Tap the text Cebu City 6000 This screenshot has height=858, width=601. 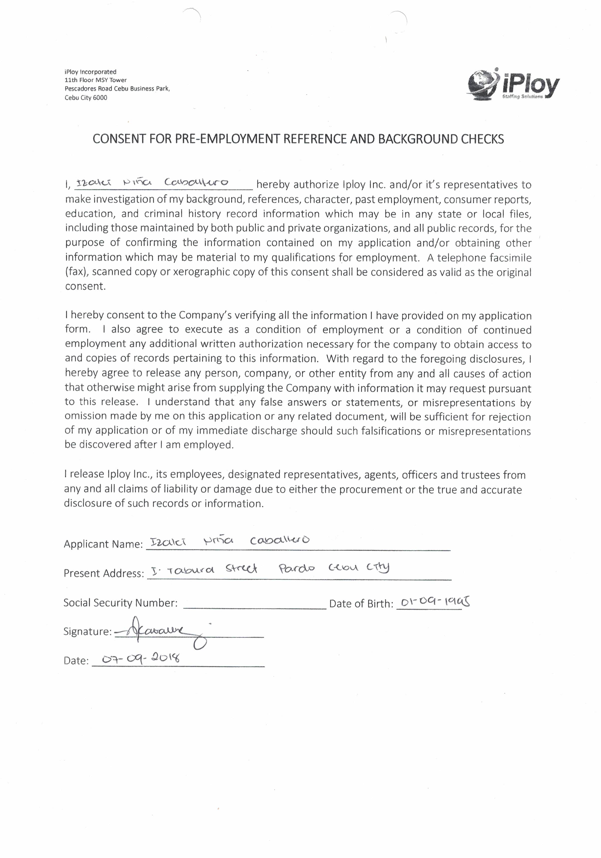[86, 98]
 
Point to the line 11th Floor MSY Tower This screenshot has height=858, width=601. [96, 80]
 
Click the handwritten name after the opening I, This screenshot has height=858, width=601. [152, 183]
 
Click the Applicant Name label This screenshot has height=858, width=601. [103, 544]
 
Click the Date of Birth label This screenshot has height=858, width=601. [361, 604]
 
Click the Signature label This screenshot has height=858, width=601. [87, 632]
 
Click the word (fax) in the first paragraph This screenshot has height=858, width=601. [77, 272]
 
